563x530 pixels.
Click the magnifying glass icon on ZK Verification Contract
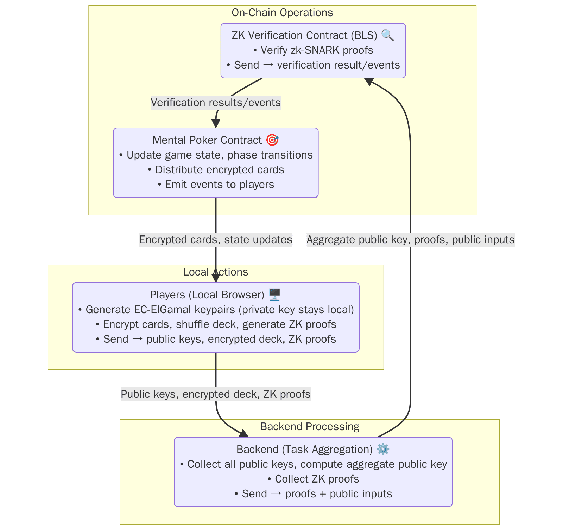click(x=387, y=35)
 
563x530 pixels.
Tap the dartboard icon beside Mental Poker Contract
click(x=272, y=140)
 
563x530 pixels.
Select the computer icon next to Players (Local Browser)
click(x=274, y=295)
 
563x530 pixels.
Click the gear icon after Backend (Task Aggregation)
click(x=383, y=449)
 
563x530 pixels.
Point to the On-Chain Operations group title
click(x=282, y=13)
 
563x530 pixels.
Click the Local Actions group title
click(x=216, y=272)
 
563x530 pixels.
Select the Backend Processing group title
click(x=310, y=427)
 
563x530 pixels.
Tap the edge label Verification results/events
click(x=216, y=103)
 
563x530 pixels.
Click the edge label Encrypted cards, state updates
click(x=216, y=240)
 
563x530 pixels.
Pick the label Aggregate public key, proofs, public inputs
click(x=410, y=240)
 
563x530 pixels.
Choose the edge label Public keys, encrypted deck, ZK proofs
click(x=216, y=394)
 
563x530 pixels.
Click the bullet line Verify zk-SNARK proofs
click(x=313, y=50)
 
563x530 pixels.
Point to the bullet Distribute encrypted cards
click(x=216, y=170)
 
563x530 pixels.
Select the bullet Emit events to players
click(x=216, y=185)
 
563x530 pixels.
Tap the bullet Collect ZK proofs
click(x=313, y=479)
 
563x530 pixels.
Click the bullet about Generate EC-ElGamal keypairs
click(x=216, y=310)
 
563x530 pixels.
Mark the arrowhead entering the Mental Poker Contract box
click(x=216, y=124)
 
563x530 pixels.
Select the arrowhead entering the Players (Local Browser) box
click(x=216, y=278)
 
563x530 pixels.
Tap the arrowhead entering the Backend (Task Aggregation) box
click(x=244, y=434)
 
